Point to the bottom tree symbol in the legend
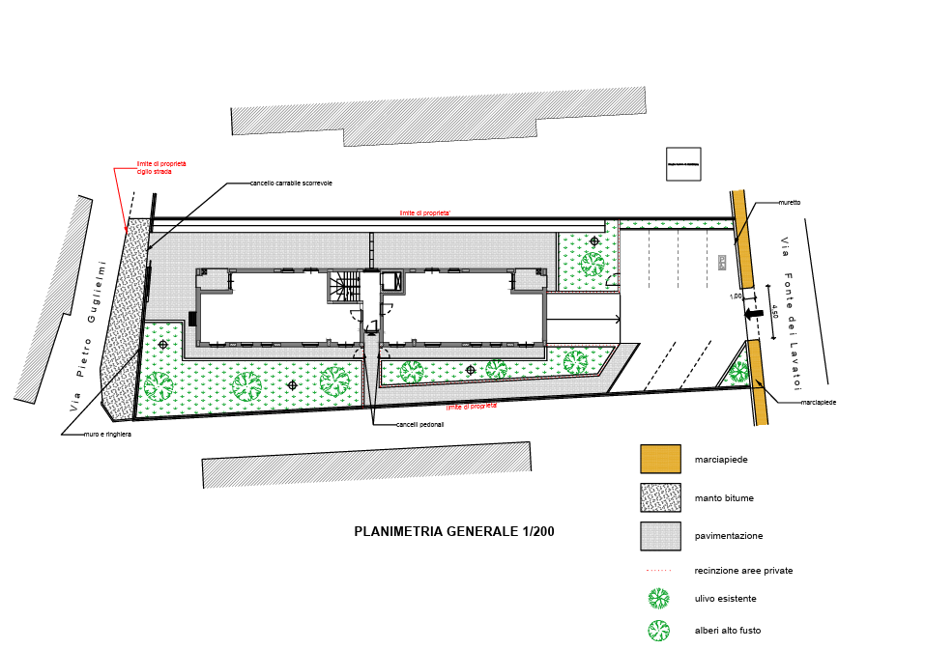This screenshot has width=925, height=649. (x=659, y=630)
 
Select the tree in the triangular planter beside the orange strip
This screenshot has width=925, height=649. (x=739, y=371)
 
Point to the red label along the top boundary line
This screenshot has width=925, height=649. (x=423, y=212)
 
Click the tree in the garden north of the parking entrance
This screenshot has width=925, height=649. (x=593, y=260)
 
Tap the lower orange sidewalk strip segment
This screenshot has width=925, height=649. (x=757, y=382)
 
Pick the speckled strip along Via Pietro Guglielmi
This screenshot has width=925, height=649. (x=124, y=319)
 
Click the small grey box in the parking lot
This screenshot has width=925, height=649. (x=722, y=261)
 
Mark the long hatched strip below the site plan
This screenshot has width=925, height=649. (x=365, y=465)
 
